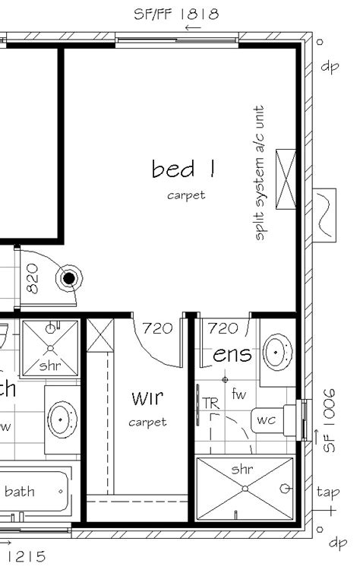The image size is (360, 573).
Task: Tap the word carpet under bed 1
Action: [x=187, y=195]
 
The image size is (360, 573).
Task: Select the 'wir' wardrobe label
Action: [x=147, y=397]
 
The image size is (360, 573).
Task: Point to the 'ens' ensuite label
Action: [x=232, y=355]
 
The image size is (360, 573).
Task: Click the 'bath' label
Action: [x=20, y=492]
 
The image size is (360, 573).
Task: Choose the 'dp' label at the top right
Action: [x=330, y=66]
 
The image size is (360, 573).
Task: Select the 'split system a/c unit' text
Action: [x=261, y=173]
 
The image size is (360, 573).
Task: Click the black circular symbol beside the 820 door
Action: [x=69, y=278]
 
